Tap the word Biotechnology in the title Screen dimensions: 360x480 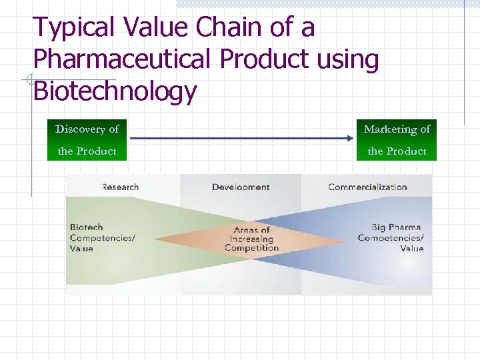115,91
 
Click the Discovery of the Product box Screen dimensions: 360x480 87,140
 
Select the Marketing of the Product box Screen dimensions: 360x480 397,140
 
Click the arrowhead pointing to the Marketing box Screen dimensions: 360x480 349,138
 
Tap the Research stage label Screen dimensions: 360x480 120,187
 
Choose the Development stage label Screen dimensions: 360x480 241,187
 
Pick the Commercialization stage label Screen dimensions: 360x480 367,187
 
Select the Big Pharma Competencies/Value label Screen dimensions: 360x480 391,238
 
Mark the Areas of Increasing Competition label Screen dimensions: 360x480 251,239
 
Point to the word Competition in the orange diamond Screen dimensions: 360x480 251,248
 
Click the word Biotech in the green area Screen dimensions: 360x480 87,227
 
